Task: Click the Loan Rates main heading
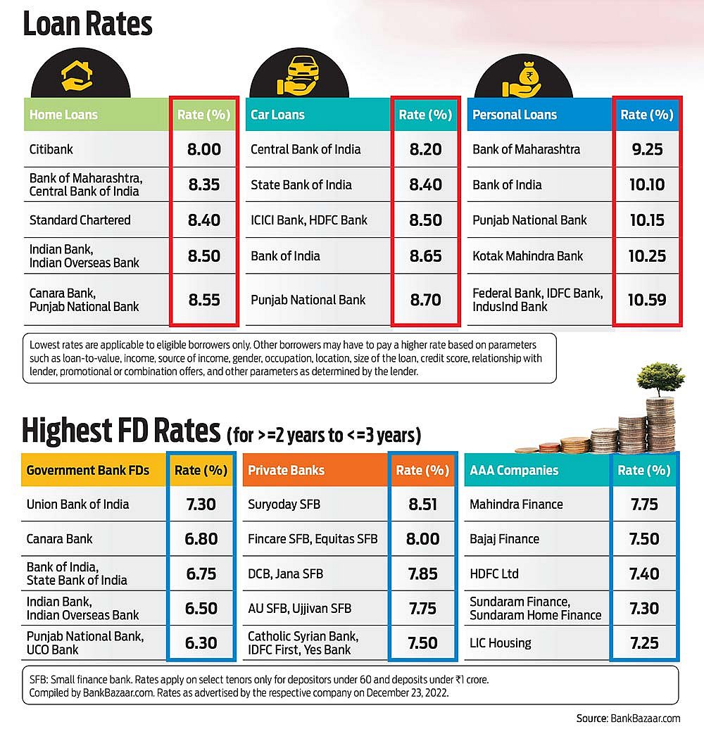(x=88, y=23)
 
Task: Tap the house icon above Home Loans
(x=77, y=76)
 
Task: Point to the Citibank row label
(x=51, y=149)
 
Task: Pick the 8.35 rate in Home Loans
(x=204, y=184)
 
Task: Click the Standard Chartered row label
(x=80, y=220)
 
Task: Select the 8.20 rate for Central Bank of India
(x=425, y=149)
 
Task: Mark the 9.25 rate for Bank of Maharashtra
(x=647, y=149)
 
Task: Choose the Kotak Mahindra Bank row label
(x=527, y=255)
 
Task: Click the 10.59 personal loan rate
(x=647, y=299)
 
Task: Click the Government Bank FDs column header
(x=88, y=470)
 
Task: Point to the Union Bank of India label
(x=78, y=504)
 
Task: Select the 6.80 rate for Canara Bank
(x=201, y=539)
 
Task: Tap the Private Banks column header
(x=287, y=470)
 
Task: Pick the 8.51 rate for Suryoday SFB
(x=423, y=504)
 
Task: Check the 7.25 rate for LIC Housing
(x=643, y=642)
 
